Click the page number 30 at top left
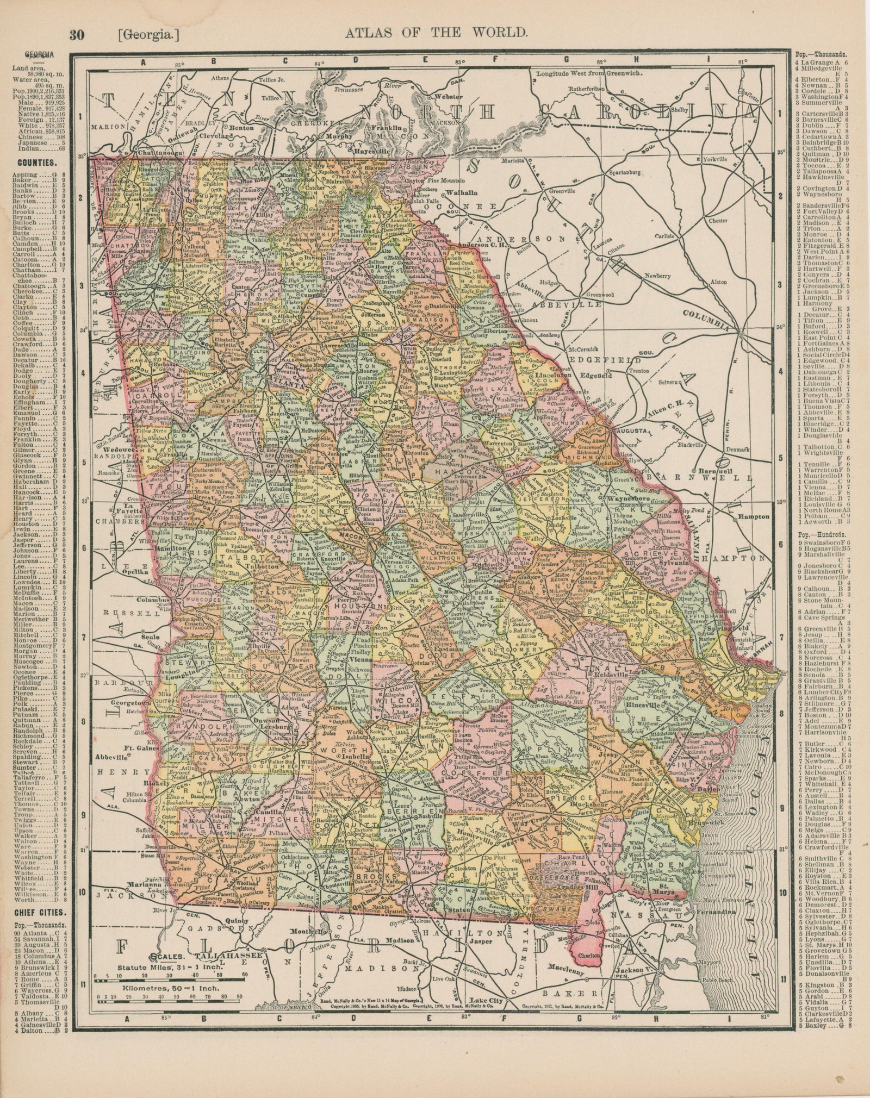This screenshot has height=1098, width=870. click(x=76, y=35)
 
